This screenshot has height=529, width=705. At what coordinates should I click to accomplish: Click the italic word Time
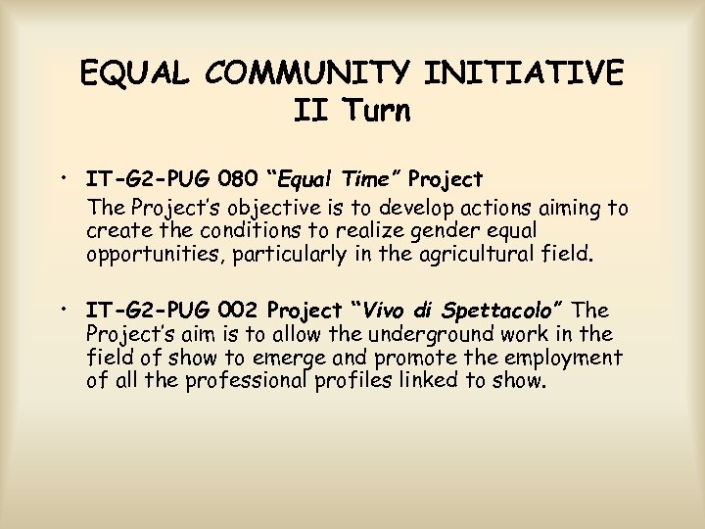tap(371, 180)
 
